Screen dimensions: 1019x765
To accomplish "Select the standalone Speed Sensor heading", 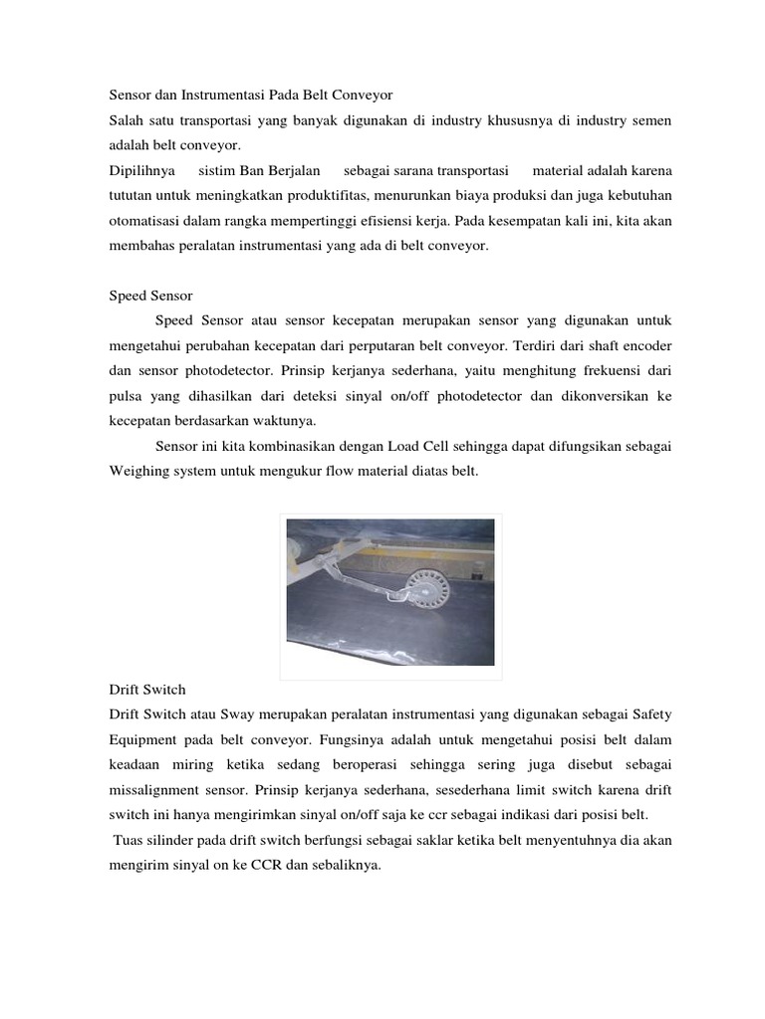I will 150,296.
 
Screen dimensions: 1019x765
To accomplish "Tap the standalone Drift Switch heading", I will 146,689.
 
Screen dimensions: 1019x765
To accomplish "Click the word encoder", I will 646,345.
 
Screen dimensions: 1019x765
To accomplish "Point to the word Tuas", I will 129,840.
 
